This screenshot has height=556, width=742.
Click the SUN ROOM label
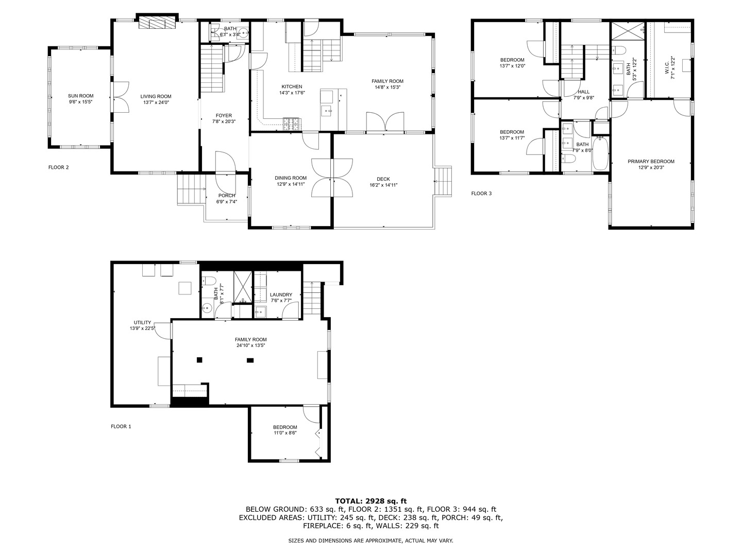(81, 96)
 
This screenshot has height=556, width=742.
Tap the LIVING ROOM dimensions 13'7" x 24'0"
(156, 102)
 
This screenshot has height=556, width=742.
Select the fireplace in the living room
(157, 23)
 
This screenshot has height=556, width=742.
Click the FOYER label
(224, 115)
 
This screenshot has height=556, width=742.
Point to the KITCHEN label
(292, 86)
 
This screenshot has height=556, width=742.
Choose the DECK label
(383, 179)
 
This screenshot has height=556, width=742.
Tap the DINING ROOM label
(290, 178)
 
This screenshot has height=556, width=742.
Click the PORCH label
(227, 196)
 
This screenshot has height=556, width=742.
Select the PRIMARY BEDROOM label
(651, 161)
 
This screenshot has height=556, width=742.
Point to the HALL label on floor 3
(583, 92)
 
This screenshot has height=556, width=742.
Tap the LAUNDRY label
(281, 294)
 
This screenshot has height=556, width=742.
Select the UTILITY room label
(143, 322)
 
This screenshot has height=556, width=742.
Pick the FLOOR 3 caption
(481, 194)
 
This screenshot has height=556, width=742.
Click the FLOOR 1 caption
(121, 426)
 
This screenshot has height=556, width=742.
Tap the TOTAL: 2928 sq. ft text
(370, 500)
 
